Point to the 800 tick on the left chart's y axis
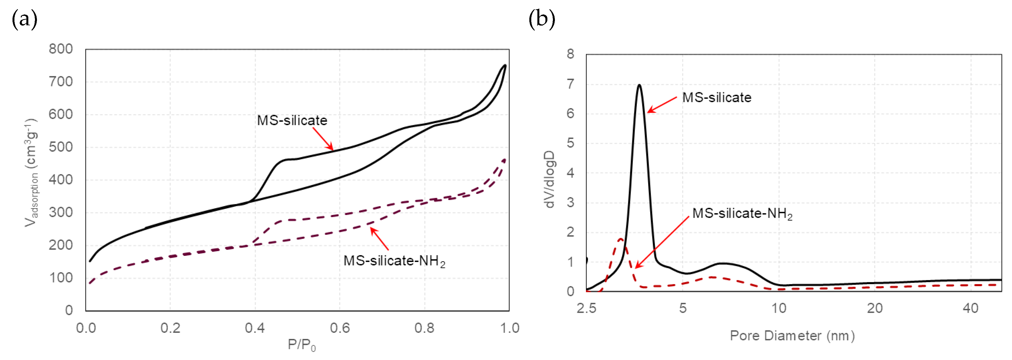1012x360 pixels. (x=61, y=49)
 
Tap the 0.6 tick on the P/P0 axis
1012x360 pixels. (x=339, y=328)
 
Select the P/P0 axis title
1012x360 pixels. (x=301, y=345)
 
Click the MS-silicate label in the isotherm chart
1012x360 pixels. (x=292, y=120)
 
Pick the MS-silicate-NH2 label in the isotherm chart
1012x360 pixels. (x=394, y=261)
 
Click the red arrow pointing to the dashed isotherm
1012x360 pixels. (x=379, y=239)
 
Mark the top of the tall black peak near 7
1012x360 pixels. (x=640, y=85)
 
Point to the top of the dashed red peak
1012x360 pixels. (x=621, y=239)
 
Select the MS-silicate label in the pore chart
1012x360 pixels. (x=717, y=97)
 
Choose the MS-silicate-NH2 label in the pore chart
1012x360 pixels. (x=742, y=213)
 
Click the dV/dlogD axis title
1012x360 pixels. (x=550, y=179)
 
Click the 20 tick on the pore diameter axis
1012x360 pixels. (x=875, y=308)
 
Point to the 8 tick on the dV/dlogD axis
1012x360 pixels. (x=570, y=54)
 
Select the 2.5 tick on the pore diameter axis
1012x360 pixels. (x=586, y=308)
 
